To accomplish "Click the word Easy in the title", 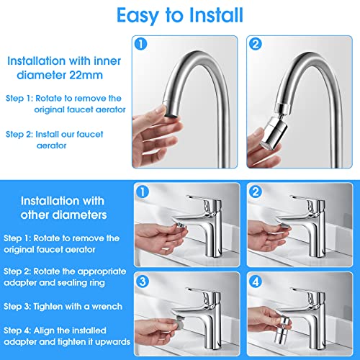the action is click(x=138, y=16).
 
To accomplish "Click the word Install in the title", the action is click(x=216, y=15).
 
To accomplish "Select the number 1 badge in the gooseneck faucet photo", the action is click(x=140, y=44).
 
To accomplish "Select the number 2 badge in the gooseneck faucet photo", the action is click(x=256, y=44).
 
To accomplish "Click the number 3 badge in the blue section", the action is click(x=143, y=282).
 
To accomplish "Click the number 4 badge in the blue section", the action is click(x=256, y=282).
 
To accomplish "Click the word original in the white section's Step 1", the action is click(x=49, y=110).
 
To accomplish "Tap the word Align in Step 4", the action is click(x=43, y=330).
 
